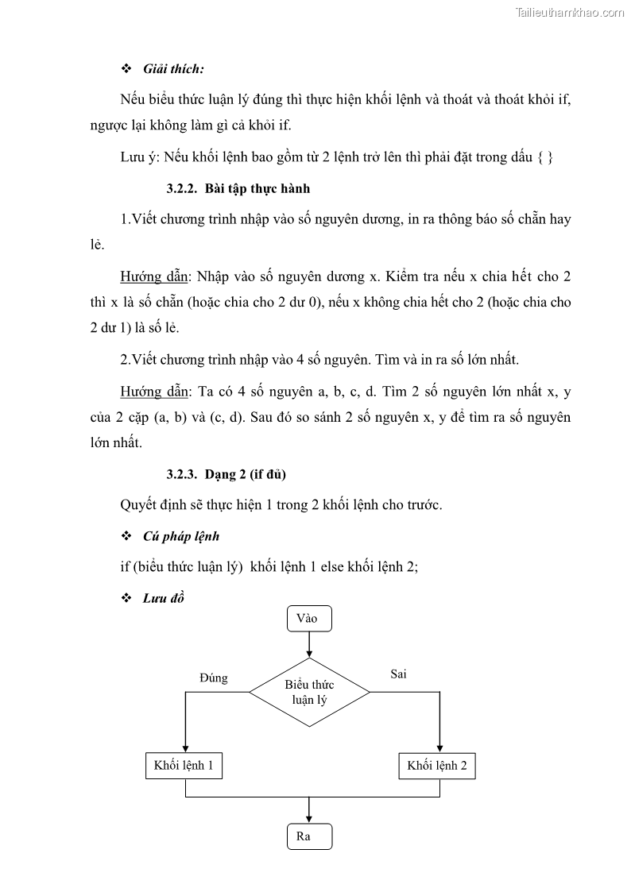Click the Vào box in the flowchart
coord(309,618)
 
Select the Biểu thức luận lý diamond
coord(309,692)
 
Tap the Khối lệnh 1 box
coord(184,766)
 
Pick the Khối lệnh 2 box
coord(436,766)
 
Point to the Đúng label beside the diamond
coord(213,678)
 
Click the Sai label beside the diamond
coord(398,674)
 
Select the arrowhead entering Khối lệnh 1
coord(184,747)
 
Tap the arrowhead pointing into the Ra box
coord(309,820)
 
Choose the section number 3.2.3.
coord(183,474)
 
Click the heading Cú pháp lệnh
coord(182,536)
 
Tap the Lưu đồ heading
coord(164,598)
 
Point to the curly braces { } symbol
coord(545,157)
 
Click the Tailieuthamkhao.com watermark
coord(571,12)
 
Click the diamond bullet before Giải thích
coord(125,69)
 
